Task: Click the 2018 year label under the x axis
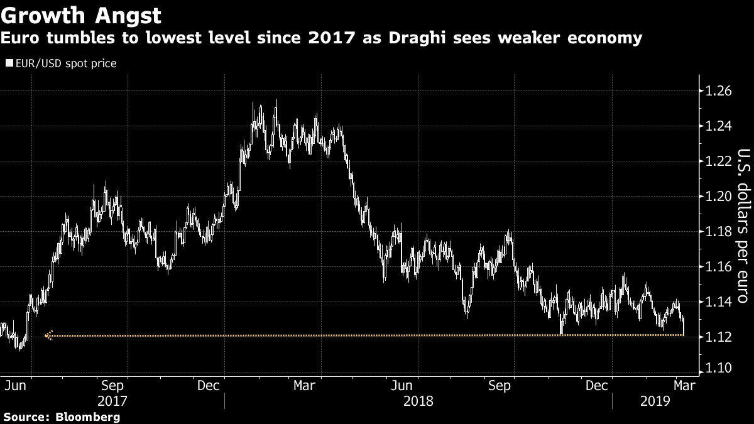tap(417, 401)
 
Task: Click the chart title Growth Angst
tap(81, 14)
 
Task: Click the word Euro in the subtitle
tap(21, 39)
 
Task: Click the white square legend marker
tap(9, 63)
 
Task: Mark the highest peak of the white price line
tap(276, 101)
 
